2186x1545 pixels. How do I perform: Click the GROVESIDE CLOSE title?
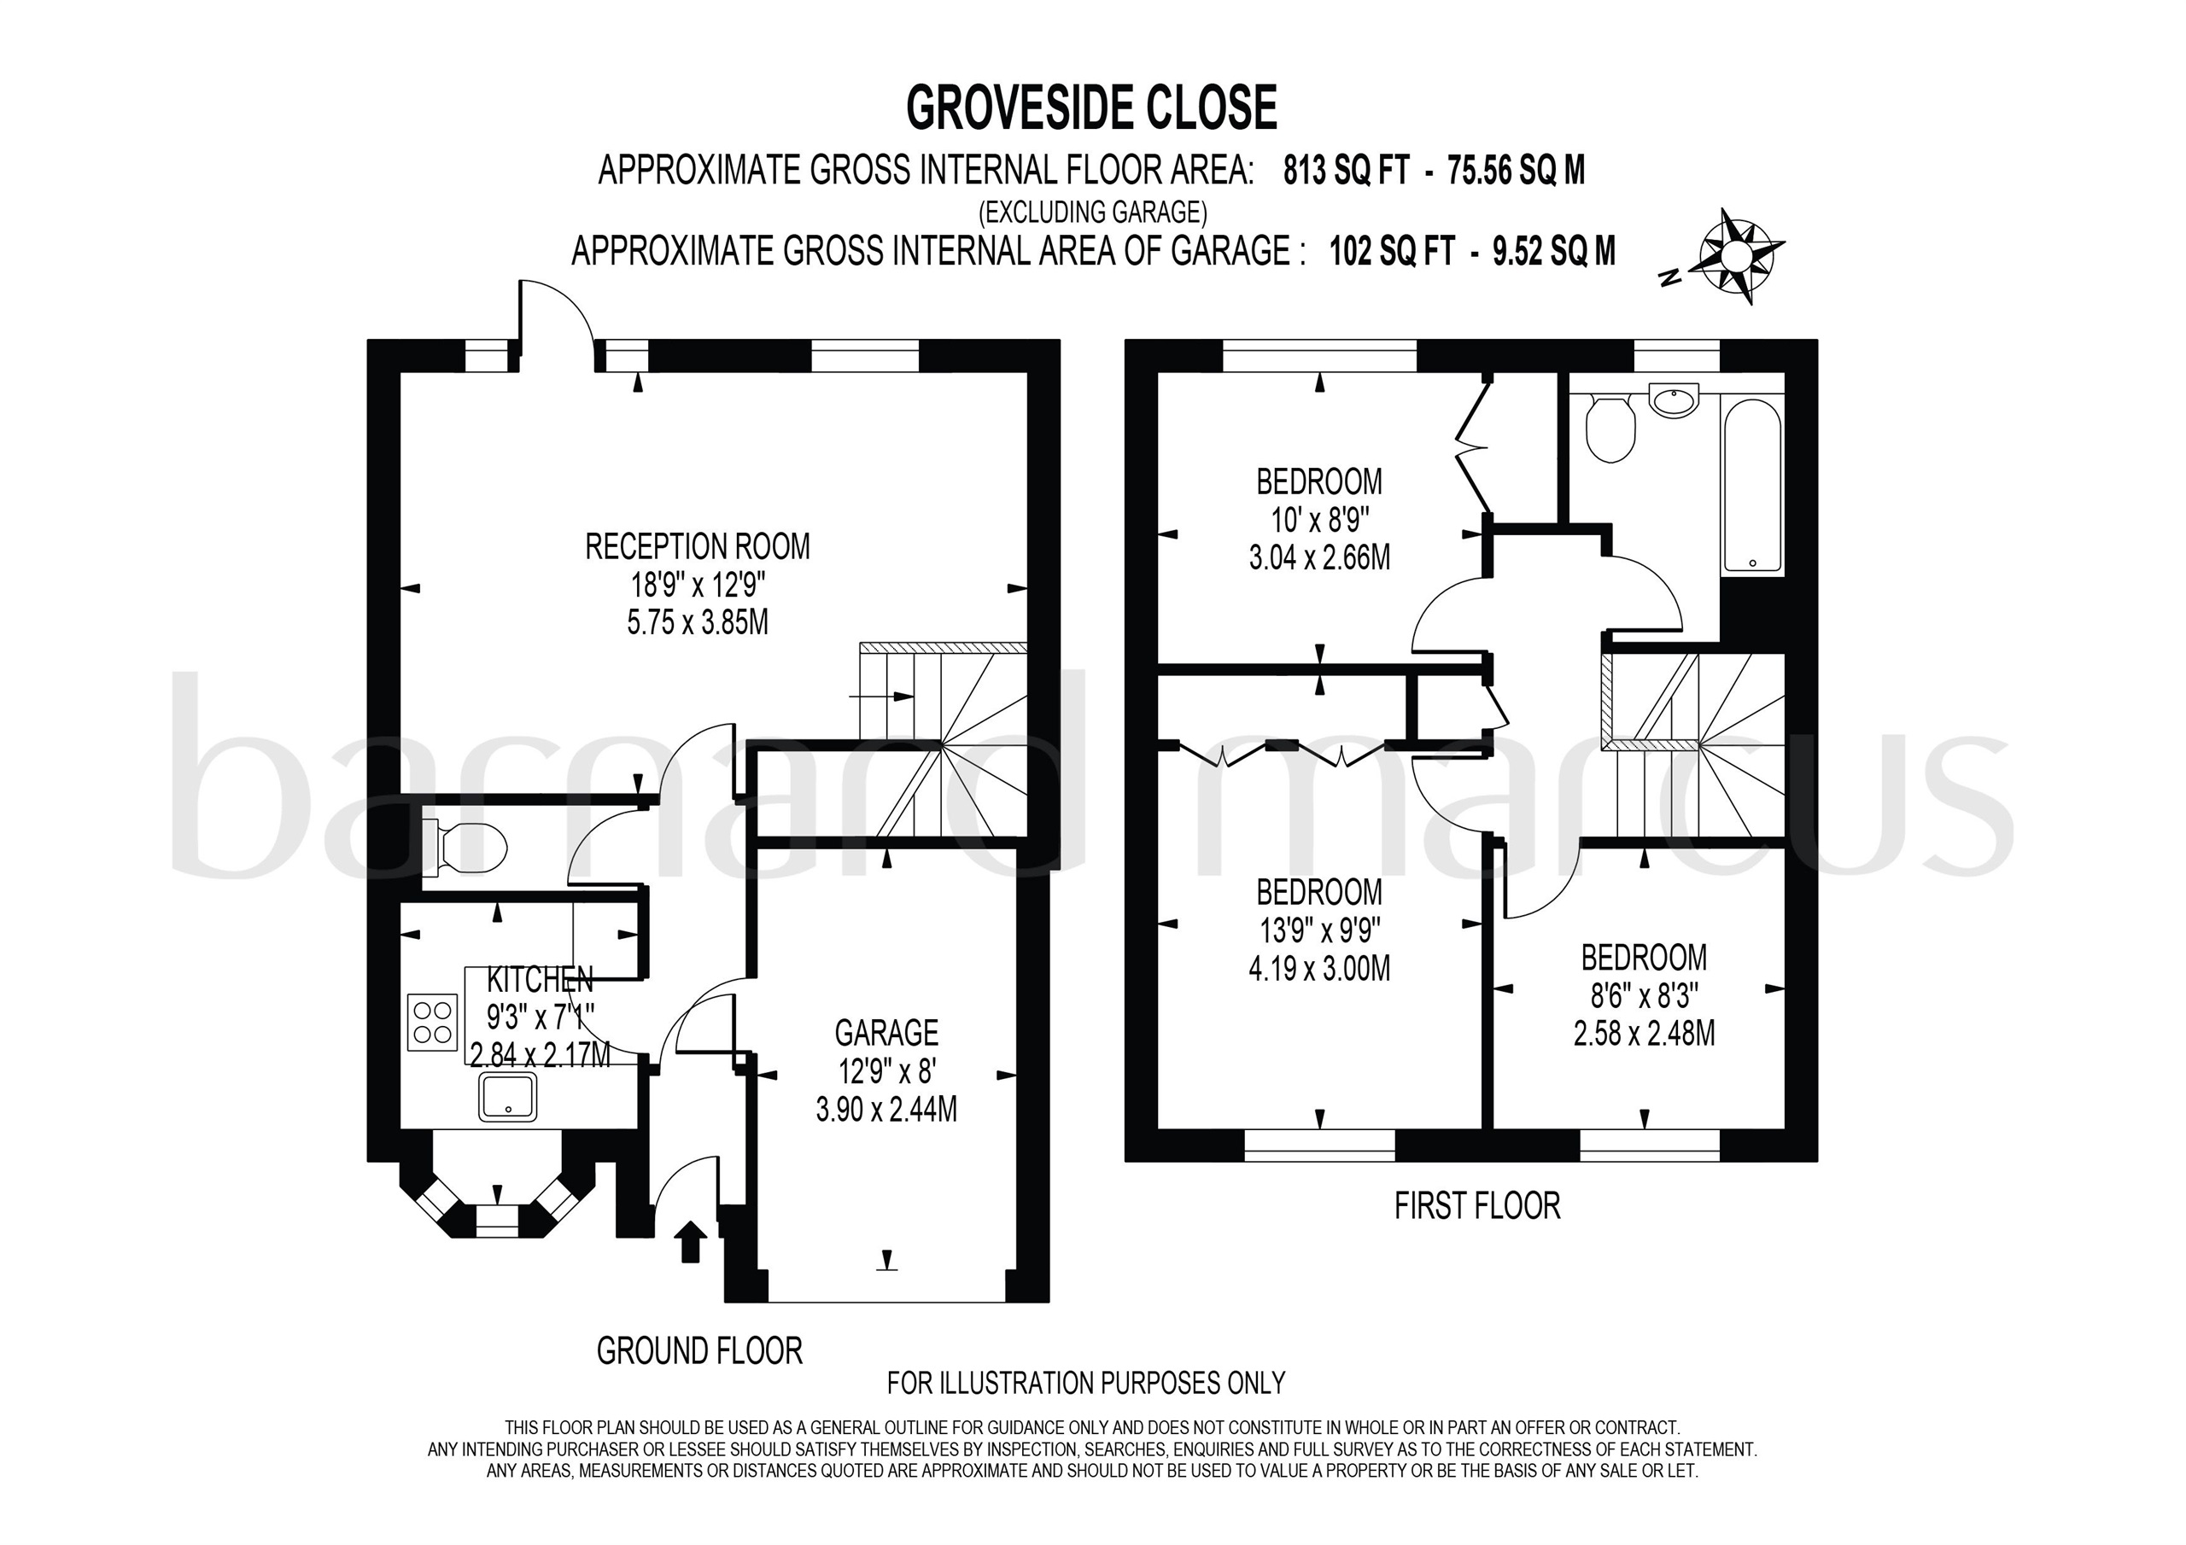pos(1091,108)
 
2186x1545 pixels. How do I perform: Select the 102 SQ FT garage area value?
pos(1392,251)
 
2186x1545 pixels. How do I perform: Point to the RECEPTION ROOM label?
pos(697,547)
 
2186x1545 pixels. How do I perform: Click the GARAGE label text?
pos(886,1033)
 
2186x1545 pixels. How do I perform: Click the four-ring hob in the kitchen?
pos(432,1023)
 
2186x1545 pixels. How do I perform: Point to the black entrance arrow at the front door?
pos(690,1242)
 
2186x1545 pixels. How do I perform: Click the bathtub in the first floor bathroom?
pos(1753,486)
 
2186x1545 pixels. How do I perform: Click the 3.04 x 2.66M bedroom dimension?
pos(1318,557)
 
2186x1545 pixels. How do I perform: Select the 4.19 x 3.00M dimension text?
pos(1318,969)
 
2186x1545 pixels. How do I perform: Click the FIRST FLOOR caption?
pos(1476,1206)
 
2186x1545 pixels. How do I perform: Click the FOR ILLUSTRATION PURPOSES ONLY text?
pos(1085,1382)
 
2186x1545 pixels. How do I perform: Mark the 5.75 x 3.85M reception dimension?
pos(697,622)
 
